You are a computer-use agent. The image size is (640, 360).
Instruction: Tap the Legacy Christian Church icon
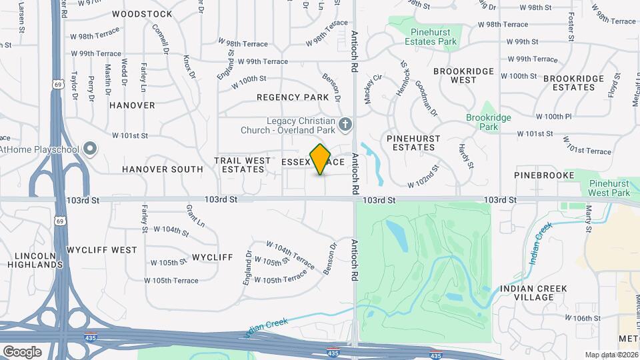345,123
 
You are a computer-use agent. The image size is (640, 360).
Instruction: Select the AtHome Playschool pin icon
91,149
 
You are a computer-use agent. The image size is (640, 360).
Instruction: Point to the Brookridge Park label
501,121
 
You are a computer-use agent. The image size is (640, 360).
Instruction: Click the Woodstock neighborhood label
142,14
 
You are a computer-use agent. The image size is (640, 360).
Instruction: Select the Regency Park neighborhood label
293,97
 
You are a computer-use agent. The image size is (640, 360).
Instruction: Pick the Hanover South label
163,169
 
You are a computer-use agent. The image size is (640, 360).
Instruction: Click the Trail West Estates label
243,165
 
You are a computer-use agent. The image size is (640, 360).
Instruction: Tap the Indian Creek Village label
534,293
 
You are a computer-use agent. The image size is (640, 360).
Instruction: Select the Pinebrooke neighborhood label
544,175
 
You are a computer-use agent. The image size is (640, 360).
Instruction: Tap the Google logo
22,351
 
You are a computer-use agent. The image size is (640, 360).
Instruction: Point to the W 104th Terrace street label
290,255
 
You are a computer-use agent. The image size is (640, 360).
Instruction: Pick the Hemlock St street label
403,78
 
